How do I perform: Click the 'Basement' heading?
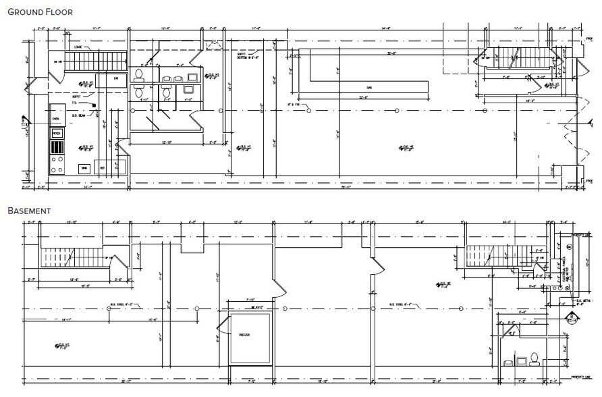pyautogui.click(x=29, y=211)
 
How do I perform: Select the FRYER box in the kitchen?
pyautogui.click(x=57, y=134)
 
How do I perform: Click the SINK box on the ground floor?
pyautogui.click(x=84, y=167)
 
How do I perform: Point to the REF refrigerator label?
pyautogui.click(x=102, y=167)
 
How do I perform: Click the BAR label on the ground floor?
pyautogui.click(x=369, y=88)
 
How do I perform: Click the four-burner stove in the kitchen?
pyautogui.click(x=57, y=165)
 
